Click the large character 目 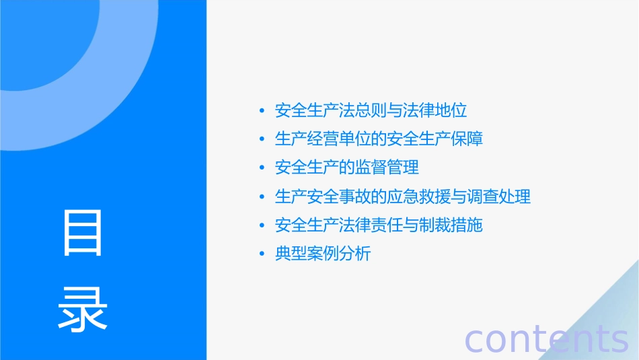[x=83, y=232]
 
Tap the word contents [x=546, y=339]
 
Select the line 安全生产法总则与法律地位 [x=371, y=110]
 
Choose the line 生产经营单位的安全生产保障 [x=379, y=139]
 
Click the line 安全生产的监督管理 [x=347, y=168]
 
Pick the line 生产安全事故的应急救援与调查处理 [x=403, y=196]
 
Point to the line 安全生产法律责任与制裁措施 [x=379, y=225]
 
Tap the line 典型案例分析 [x=323, y=254]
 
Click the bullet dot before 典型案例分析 [x=262, y=254]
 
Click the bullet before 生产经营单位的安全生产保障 [x=262, y=140]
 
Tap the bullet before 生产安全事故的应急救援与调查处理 [x=262, y=197]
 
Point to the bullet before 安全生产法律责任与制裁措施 [x=262, y=225]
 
